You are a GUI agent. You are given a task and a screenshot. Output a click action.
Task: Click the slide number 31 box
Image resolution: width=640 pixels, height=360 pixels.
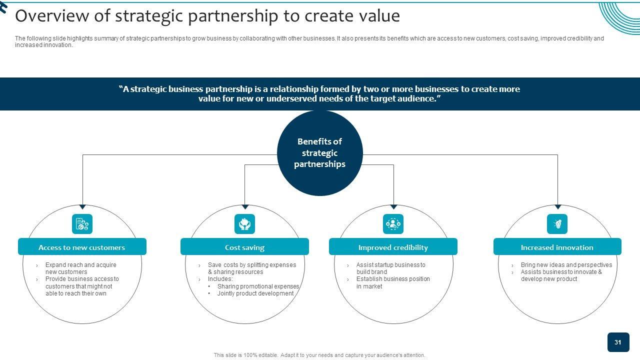[x=618, y=342]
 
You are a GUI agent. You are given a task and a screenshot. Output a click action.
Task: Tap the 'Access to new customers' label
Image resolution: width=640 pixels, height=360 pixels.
[x=82, y=247]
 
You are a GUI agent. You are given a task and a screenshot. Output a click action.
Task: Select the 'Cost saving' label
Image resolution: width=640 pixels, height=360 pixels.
[x=244, y=247]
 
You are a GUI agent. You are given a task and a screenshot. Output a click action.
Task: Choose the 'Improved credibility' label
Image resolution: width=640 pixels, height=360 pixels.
[x=393, y=247]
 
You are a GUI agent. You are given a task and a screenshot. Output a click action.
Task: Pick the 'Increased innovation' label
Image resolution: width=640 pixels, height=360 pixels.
[x=557, y=247]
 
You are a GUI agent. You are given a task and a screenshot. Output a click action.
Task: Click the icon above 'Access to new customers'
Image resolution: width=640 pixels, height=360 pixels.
[x=82, y=224]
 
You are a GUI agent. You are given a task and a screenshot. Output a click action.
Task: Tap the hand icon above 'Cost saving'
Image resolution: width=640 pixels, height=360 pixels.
[x=244, y=224]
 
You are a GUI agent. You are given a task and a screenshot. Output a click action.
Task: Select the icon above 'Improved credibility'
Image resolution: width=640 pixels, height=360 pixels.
[x=393, y=224]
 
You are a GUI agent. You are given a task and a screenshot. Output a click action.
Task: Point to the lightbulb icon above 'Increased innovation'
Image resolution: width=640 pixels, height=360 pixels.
[x=557, y=224]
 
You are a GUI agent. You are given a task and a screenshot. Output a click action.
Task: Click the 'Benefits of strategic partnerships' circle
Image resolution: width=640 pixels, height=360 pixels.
[x=319, y=153]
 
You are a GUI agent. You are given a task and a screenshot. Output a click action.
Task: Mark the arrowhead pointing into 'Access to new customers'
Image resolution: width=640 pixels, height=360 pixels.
[x=82, y=206]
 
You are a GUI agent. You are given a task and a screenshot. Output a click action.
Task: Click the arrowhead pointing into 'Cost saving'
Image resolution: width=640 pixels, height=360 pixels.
[x=245, y=206]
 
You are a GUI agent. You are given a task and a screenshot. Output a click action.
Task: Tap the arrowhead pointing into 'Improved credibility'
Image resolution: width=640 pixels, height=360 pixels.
[x=393, y=206]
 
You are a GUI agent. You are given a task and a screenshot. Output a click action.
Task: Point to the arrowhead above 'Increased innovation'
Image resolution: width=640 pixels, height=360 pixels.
[x=557, y=206]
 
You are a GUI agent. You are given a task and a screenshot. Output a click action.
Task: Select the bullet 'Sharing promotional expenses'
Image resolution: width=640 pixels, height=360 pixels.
[x=258, y=286]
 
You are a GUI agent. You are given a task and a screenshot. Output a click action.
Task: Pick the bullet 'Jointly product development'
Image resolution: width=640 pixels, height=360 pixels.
[x=255, y=293]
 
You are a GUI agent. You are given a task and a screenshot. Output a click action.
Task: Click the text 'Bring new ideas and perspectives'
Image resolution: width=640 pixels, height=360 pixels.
[x=566, y=265]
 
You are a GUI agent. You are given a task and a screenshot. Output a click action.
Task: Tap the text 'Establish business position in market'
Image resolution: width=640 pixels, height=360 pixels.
[x=392, y=282]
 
